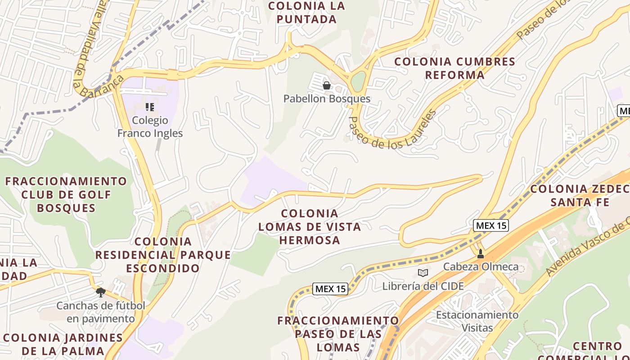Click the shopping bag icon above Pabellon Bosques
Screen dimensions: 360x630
pyautogui.click(x=327, y=85)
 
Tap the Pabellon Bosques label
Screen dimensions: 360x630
pyautogui.click(x=327, y=99)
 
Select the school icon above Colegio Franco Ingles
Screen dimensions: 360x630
pyautogui.click(x=150, y=107)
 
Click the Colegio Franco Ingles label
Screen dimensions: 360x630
pyautogui.click(x=150, y=127)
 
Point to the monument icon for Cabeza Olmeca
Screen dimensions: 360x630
pyautogui.click(x=480, y=254)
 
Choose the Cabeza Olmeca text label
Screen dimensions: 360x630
pyautogui.click(x=481, y=267)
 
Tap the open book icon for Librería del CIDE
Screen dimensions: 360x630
pyautogui.click(x=423, y=273)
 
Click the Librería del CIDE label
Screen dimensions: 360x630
pyautogui.click(x=423, y=286)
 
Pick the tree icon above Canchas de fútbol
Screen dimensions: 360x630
pyautogui.click(x=101, y=293)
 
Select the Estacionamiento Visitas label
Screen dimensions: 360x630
pyautogui.click(x=477, y=321)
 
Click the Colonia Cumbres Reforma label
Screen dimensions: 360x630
pyautogui.click(x=454, y=68)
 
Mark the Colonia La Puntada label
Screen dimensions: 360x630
pyautogui.click(x=306, y=13)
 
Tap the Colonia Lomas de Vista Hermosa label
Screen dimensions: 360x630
pyautogui.click(x=310, y=226)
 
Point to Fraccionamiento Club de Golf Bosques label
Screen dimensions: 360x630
pyautogui.click(x=67, y=194)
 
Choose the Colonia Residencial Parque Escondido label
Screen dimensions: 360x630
pyautogui.click(x=163, y=255)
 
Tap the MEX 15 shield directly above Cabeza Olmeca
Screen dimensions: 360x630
pyautogui.click(x=491, y=225)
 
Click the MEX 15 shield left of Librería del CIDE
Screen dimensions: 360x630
pyautogui.click(x=330, y=289)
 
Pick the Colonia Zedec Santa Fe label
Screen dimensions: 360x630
pyautogui.click(x=580, y=195)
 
